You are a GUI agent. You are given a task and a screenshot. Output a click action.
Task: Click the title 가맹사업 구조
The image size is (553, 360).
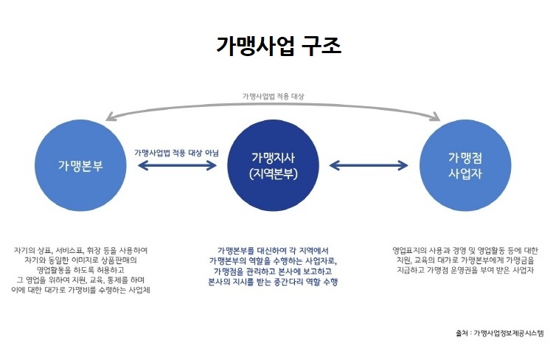[279, 46]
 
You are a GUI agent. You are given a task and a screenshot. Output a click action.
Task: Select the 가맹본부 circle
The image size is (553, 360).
[80, 165]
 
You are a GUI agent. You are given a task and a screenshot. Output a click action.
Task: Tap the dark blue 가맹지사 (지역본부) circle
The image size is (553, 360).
[274, 165]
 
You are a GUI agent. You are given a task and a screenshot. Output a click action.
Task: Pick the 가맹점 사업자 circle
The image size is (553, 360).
[465, 165]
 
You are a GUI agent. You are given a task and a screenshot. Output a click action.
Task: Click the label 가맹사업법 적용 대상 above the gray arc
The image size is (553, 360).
[273, 97]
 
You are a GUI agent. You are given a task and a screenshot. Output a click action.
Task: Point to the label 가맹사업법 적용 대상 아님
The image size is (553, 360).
[176, 153]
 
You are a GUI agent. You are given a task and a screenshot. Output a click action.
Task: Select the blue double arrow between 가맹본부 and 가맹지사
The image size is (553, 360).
[177, 165]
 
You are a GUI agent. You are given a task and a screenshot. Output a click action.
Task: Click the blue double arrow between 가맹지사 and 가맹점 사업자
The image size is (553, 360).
[369, 165]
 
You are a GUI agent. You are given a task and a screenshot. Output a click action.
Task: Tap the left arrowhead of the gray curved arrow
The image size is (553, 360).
[110, 117]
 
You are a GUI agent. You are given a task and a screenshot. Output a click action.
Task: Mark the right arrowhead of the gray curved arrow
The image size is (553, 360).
[436, 117]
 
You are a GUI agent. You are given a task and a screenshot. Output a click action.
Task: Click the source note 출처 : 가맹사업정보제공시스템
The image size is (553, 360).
[500, 333]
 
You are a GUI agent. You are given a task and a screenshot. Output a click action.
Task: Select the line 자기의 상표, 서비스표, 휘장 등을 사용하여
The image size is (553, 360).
[80, 251]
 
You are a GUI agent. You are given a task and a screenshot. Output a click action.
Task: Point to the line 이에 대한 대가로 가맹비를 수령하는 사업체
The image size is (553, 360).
[80, 290]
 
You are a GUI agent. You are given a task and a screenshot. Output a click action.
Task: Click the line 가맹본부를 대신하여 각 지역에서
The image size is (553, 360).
[273, 251]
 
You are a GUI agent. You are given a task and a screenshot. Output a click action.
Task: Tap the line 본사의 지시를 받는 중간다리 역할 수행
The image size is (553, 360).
[273, 282]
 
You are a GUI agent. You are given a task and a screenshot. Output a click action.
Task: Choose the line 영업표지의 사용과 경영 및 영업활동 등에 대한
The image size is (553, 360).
[465, 251]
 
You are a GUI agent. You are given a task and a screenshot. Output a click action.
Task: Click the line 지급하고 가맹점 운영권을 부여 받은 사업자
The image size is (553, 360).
[465, 270]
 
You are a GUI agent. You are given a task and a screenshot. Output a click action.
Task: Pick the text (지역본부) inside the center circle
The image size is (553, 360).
[274, 173]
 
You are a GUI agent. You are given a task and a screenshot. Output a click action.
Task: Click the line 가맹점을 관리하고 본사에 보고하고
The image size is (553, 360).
[273, 271]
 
